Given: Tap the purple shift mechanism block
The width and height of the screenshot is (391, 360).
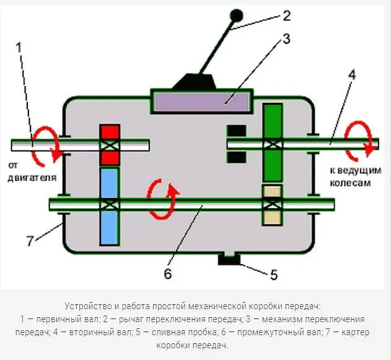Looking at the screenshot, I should (203, 100).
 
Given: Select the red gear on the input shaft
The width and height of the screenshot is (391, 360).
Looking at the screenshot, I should (110, 144).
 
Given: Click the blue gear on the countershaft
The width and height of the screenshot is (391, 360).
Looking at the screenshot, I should (109, 204).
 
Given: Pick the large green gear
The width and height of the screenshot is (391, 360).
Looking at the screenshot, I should (272, 143).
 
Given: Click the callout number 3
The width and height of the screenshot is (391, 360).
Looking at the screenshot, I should (286, 38).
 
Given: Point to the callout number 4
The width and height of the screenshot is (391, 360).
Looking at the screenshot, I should (351, 76).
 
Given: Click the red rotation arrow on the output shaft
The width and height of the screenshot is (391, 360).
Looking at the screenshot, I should (361, 138).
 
